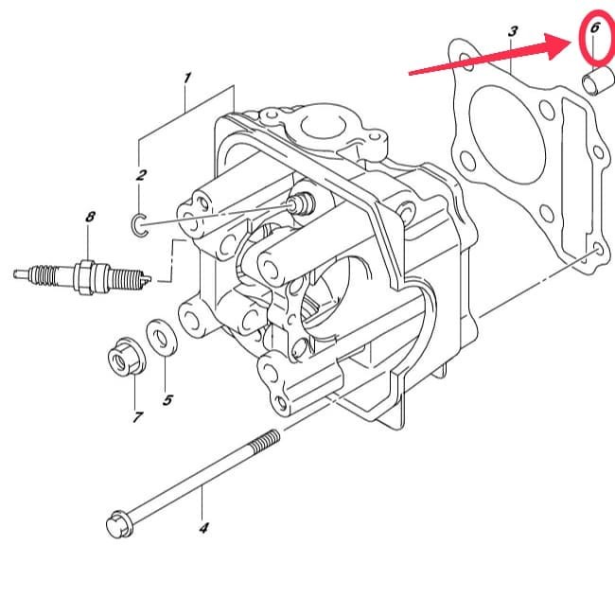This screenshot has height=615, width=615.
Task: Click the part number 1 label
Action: pyautogui.click(x=187, y=77)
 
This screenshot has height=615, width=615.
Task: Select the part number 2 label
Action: pyautogui.click(x=141, y=174)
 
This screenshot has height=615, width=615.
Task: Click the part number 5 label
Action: pyautogui.click(x=167, y=400)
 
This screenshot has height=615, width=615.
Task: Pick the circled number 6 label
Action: pyautogui.click(x=594, y=28)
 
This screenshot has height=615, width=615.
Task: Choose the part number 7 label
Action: pyautogui.click(x=138, y=416)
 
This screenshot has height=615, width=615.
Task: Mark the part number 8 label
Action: pyautogui.click(x=90, y=217)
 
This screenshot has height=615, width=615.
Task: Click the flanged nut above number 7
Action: pyautogui.click(x=121, y=356)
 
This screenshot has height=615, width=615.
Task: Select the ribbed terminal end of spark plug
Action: pyautogui.click(x=34, y=274)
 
